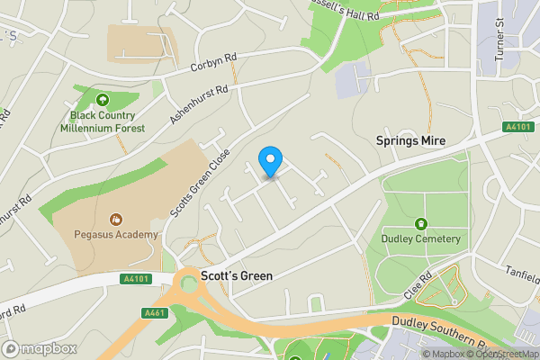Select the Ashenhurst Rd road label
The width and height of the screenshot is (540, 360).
tap(199, 104)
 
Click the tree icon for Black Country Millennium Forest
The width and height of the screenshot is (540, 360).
tap(103, 100)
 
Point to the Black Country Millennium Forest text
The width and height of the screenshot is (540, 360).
tap(103, 121)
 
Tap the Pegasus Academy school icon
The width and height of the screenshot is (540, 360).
tap(115, 219)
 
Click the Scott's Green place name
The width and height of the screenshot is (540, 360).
tap(237, 275)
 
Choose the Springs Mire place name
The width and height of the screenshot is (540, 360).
tap(409, 141)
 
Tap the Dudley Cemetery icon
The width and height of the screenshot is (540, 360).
tap(420, 223)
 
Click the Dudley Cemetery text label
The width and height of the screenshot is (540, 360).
tap(420, 238)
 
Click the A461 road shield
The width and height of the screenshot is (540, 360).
tap(154, 312)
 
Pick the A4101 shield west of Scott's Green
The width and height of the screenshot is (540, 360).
tap(134, 279)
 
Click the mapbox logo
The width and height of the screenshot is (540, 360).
tap(39, 348)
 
